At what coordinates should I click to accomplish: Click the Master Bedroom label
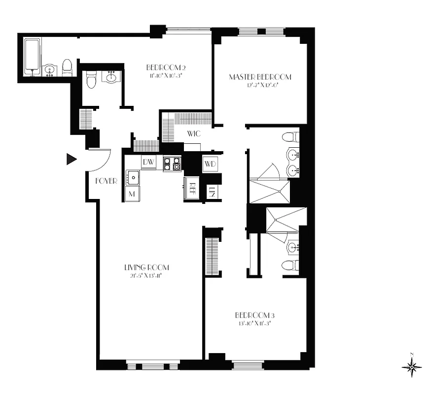[260, 77]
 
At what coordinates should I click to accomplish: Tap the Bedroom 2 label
[166, 68]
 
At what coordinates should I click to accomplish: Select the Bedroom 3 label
[253, 315]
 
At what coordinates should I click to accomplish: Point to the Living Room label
[146, 267]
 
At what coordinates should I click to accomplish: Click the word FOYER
[106, 181]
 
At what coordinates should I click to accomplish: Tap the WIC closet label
[193, 133]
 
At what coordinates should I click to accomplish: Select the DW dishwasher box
[147, 162]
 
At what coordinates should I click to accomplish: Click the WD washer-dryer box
[209, 163]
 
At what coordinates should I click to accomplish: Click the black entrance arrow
[72, 159]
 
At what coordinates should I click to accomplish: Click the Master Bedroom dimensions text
[260, 85]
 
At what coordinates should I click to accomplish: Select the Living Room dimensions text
[143, 275]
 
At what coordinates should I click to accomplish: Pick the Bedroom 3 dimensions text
[253, 324]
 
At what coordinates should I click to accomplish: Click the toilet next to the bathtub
[68, 67]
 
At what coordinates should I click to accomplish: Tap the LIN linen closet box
[211, 192]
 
